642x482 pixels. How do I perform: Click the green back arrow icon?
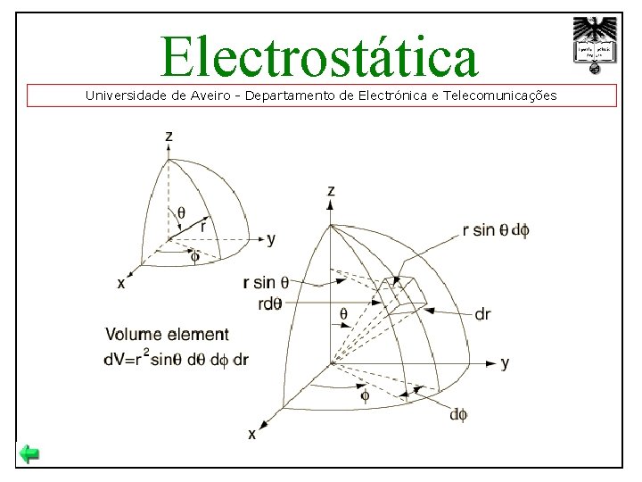point(29,454)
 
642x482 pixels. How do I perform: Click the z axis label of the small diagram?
point(169,137)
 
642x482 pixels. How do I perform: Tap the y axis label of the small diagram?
point(271,238)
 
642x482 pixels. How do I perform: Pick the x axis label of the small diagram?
point(121,284)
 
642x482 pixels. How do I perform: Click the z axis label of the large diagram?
point(331,191)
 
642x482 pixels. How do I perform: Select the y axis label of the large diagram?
point(505,362)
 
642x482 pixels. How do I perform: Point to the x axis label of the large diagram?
point(251,434)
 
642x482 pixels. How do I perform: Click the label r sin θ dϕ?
point(497,229)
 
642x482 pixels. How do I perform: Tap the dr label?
point(482,313)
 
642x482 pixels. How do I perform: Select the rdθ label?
point(270,303)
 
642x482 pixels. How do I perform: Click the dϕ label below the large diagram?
point(458,413)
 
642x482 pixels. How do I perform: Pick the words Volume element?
point(167,335)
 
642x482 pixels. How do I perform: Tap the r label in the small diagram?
point(202,228)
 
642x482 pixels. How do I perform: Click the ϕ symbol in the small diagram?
point(194,255)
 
